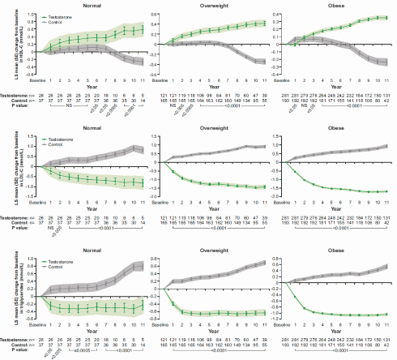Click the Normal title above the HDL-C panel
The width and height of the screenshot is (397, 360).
(82, 5)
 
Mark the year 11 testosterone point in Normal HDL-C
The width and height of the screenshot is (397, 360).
(143, 28)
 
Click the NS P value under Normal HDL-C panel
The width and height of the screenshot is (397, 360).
(69, 104)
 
